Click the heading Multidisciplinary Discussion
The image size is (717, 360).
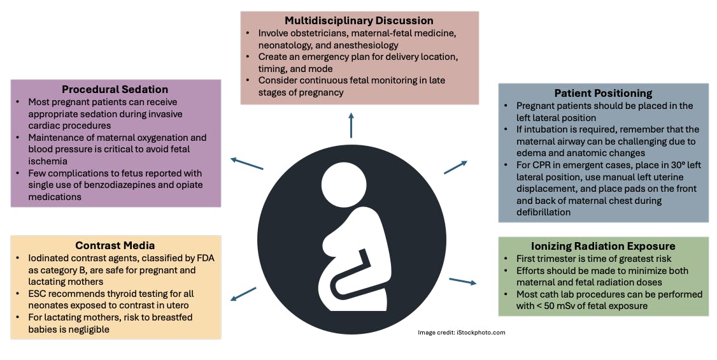(x=359, y=20)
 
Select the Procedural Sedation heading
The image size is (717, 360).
(x=115, y=89)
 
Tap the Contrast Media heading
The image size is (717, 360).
(x=115, y=245)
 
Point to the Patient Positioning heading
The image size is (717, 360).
(x=602, y=93)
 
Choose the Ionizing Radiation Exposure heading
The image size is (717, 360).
(x=603, y=246)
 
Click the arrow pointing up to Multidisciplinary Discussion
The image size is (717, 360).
(x=351, y=124)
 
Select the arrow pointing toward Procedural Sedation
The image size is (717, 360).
(x=246, y=163)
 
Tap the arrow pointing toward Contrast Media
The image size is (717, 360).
(x=243, y=294)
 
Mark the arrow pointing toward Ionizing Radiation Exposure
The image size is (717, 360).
(x=462, y=281)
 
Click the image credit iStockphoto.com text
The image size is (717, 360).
(x=461, y=333)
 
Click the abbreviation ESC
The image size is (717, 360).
(x=39, y=294)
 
